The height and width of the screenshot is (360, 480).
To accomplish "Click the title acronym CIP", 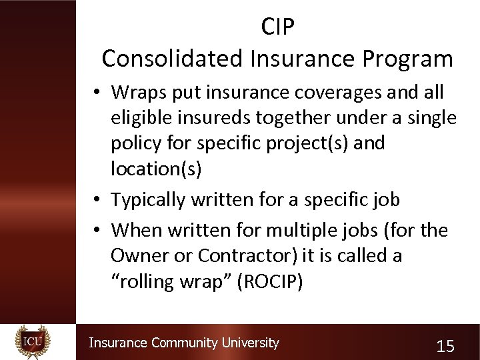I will [x=278, y=27].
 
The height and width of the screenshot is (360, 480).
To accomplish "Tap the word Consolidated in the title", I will [x=172, y=59].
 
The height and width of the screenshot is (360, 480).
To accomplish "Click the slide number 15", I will [x=445, y=346].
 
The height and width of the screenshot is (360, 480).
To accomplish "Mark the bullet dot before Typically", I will [x=97, y=200].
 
